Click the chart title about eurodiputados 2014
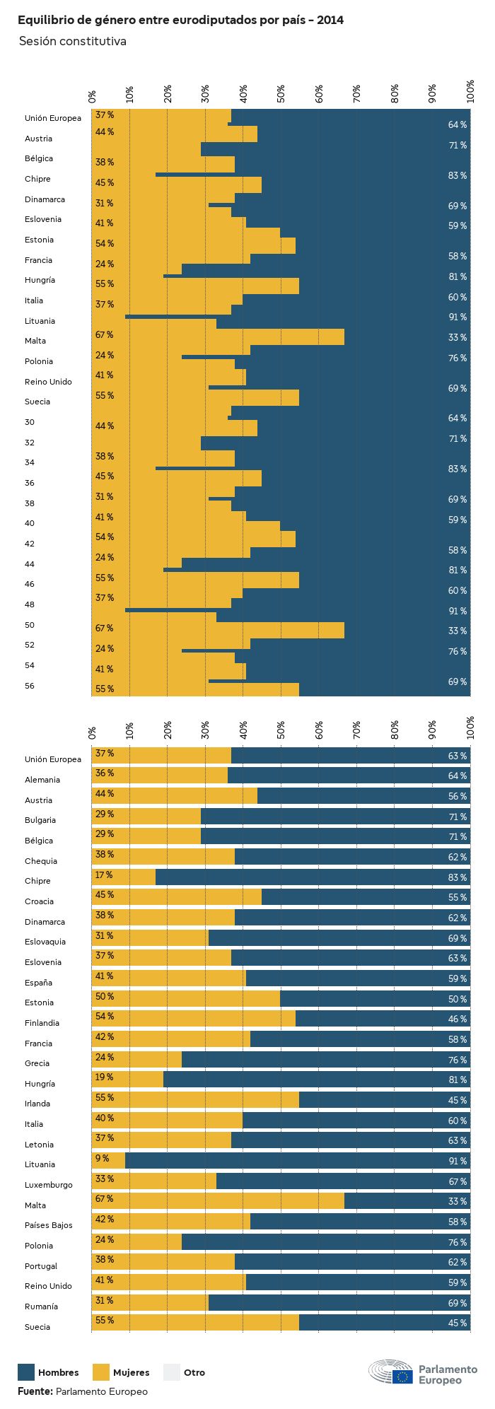[180, 21]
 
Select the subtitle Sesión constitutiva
[72, 41]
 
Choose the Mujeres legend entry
[121, 1372]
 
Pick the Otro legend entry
[185, 1372]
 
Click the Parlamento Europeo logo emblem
[390, 1372]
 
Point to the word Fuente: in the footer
[35, 1391]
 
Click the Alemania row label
[42, 780]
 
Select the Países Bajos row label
[48, 1225]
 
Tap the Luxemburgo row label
[49, 1185]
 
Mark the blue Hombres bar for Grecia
[325, 1059]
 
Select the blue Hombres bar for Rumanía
[339, 1302]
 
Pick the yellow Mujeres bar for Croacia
[177, 896]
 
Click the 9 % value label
[103, 1158]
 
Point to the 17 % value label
[104, 875]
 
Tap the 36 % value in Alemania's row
[105, 773]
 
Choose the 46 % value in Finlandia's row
[457, 1019]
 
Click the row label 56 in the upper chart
[29, 686]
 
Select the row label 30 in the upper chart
[29, 422]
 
